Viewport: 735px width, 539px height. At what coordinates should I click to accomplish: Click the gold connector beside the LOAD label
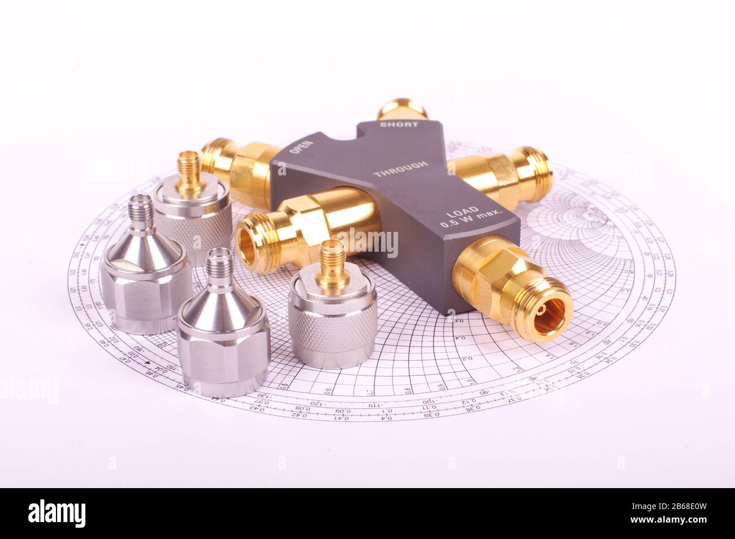pos(514,283)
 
